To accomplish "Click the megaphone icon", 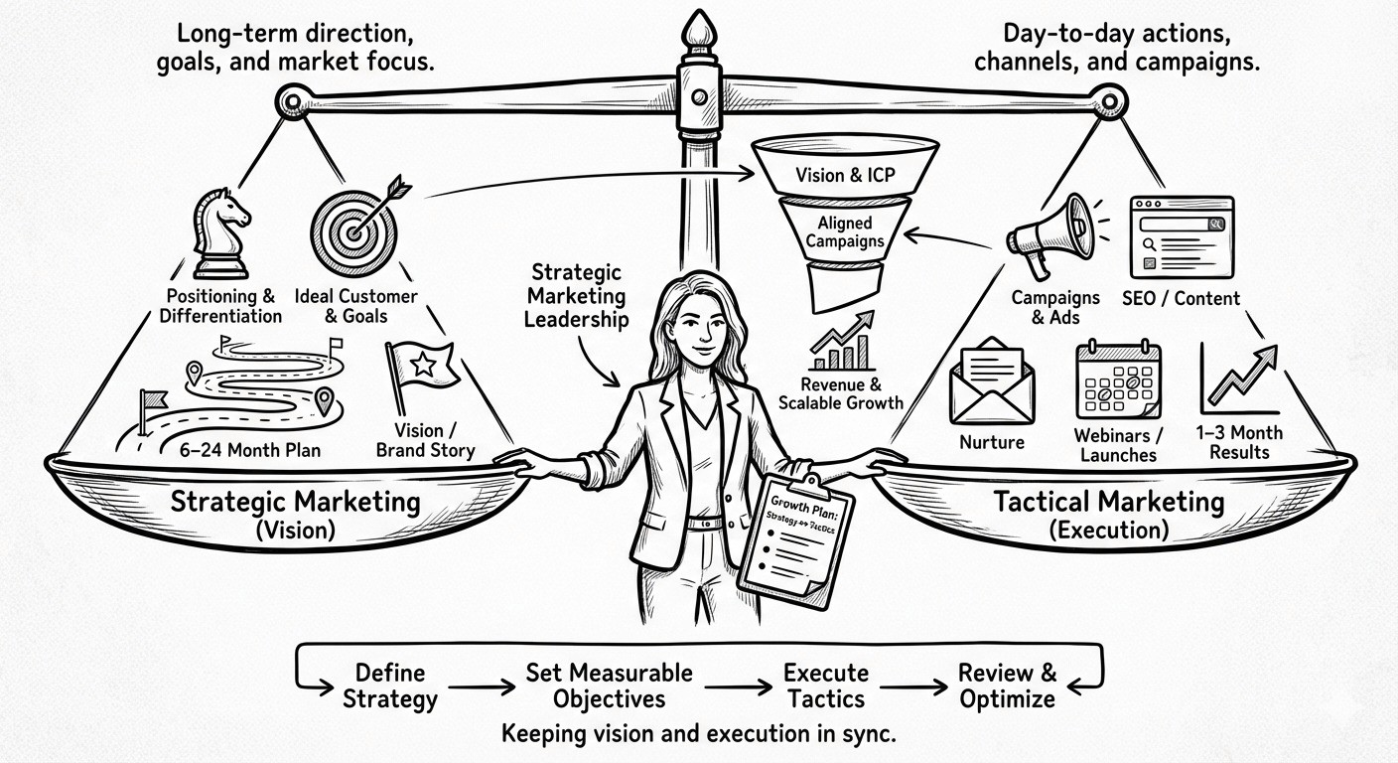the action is pyautogui.click(x=1047, y=234).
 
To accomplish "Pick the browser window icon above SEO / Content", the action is pyautogui.click(x=1182, y=234).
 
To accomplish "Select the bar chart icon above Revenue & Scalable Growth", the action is pyautogui.click(x=841, y=344).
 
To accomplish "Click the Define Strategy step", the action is pyautogui.click(x=390, y=686).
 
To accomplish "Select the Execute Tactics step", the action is pyautogui.click(x=826, y=686).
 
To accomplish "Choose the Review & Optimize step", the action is pyautogui.click(x=1007, y=686).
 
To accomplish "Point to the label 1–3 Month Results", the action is pyautogui.click(x=1239, y=442).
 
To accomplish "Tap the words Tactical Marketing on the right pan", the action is pyautogui.click(x=1109, y=502).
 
